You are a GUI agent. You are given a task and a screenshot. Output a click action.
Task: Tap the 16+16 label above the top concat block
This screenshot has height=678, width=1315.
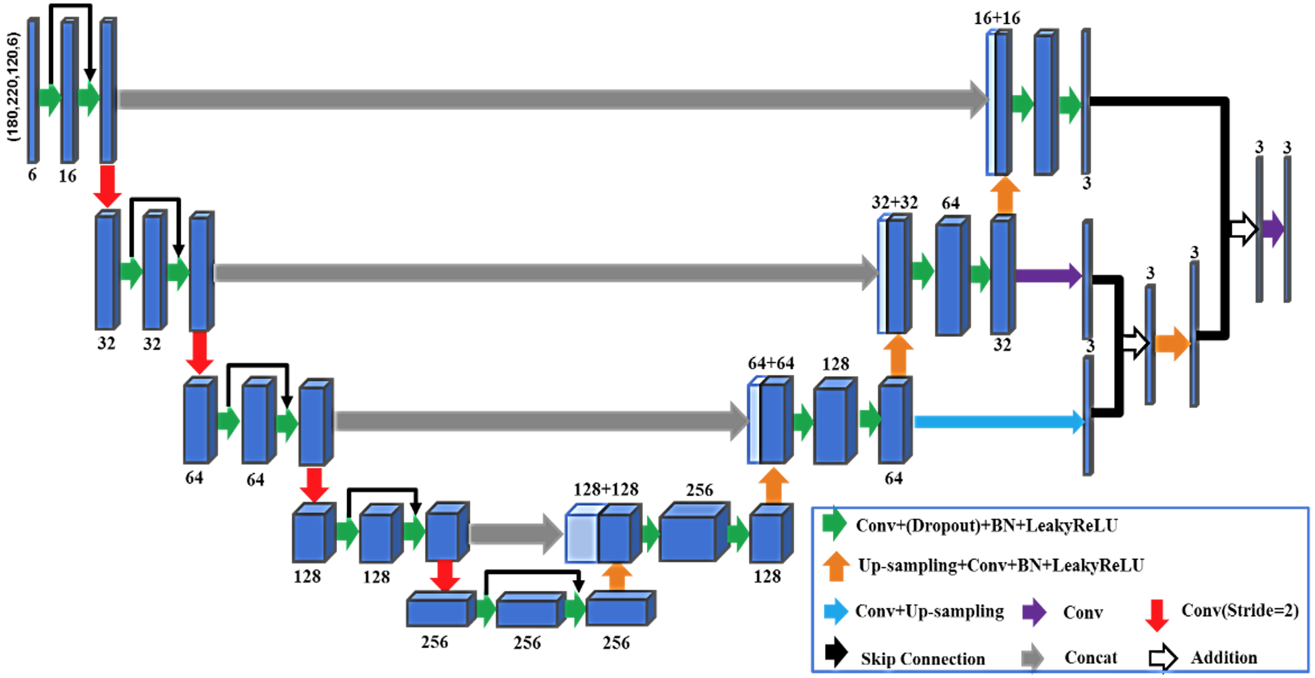pyautogui.click(x=996, y=18)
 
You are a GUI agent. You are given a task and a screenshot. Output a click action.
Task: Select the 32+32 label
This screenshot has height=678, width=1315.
pyautogui.click(x=894, y=203)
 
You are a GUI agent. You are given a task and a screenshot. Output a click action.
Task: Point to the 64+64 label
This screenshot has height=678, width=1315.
pyautogui.click(x=771, y=364)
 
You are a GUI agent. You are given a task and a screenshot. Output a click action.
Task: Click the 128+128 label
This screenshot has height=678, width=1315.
pyautogui.click(x=605, y=490)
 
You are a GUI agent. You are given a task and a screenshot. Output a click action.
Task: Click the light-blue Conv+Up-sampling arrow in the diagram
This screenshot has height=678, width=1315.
pyautogui.click(x=998, y=422)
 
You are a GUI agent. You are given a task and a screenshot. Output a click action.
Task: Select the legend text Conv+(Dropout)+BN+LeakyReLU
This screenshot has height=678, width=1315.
pyautogui.click(x=986, y=525)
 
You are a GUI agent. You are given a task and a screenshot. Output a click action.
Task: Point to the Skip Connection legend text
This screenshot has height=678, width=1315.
pyautogui.click(x=923, y=659)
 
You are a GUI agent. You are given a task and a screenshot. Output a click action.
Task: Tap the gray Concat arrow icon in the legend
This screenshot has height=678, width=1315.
pyautogui.click(x=1032, y=657)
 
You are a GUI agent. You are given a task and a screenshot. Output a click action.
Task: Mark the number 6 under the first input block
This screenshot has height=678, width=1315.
pyautogui.click(x=32, y=175)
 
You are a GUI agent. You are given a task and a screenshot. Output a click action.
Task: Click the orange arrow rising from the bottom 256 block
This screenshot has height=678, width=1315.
pyautogui.click(x=617, y=577)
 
